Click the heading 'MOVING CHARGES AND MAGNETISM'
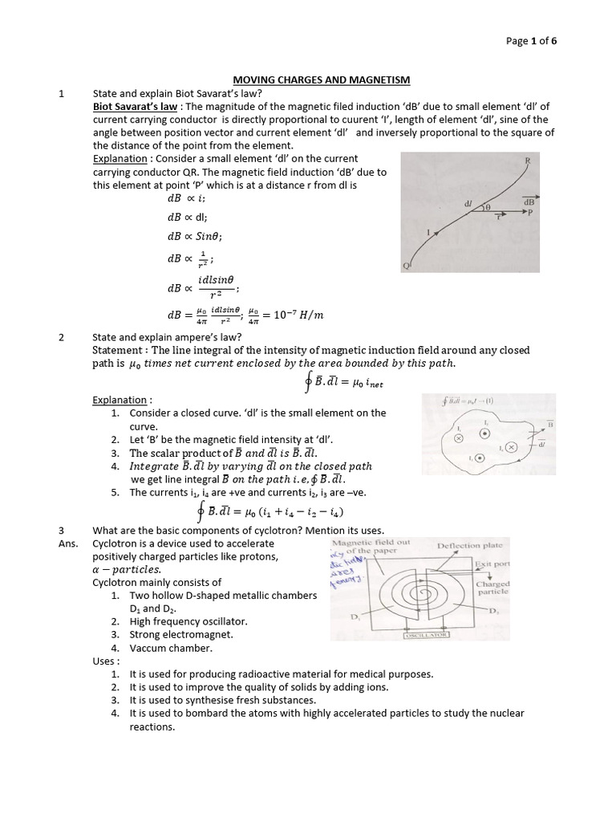321,80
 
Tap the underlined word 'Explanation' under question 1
120,159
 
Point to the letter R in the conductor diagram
527,161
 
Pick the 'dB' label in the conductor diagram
529,203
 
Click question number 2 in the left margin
62,337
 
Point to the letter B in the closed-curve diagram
549,421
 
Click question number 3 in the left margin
62,530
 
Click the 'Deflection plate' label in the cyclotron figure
469,546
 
